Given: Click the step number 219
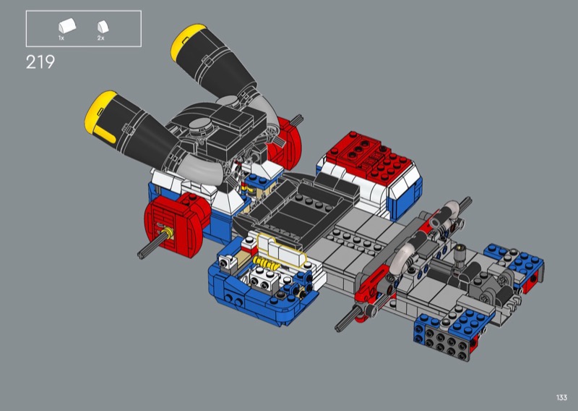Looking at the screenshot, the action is (40, 62).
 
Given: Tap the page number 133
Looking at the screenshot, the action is (561, 397).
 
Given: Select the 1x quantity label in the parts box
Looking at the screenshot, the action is (61, 38).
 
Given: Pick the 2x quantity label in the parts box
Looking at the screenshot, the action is (100, 38).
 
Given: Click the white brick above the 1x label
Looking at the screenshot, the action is (67, 26).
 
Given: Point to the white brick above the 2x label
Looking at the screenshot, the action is (103, 27).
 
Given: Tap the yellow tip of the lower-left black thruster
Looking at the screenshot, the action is (100, 115).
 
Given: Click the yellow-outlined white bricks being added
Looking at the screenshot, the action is (282, 248).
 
